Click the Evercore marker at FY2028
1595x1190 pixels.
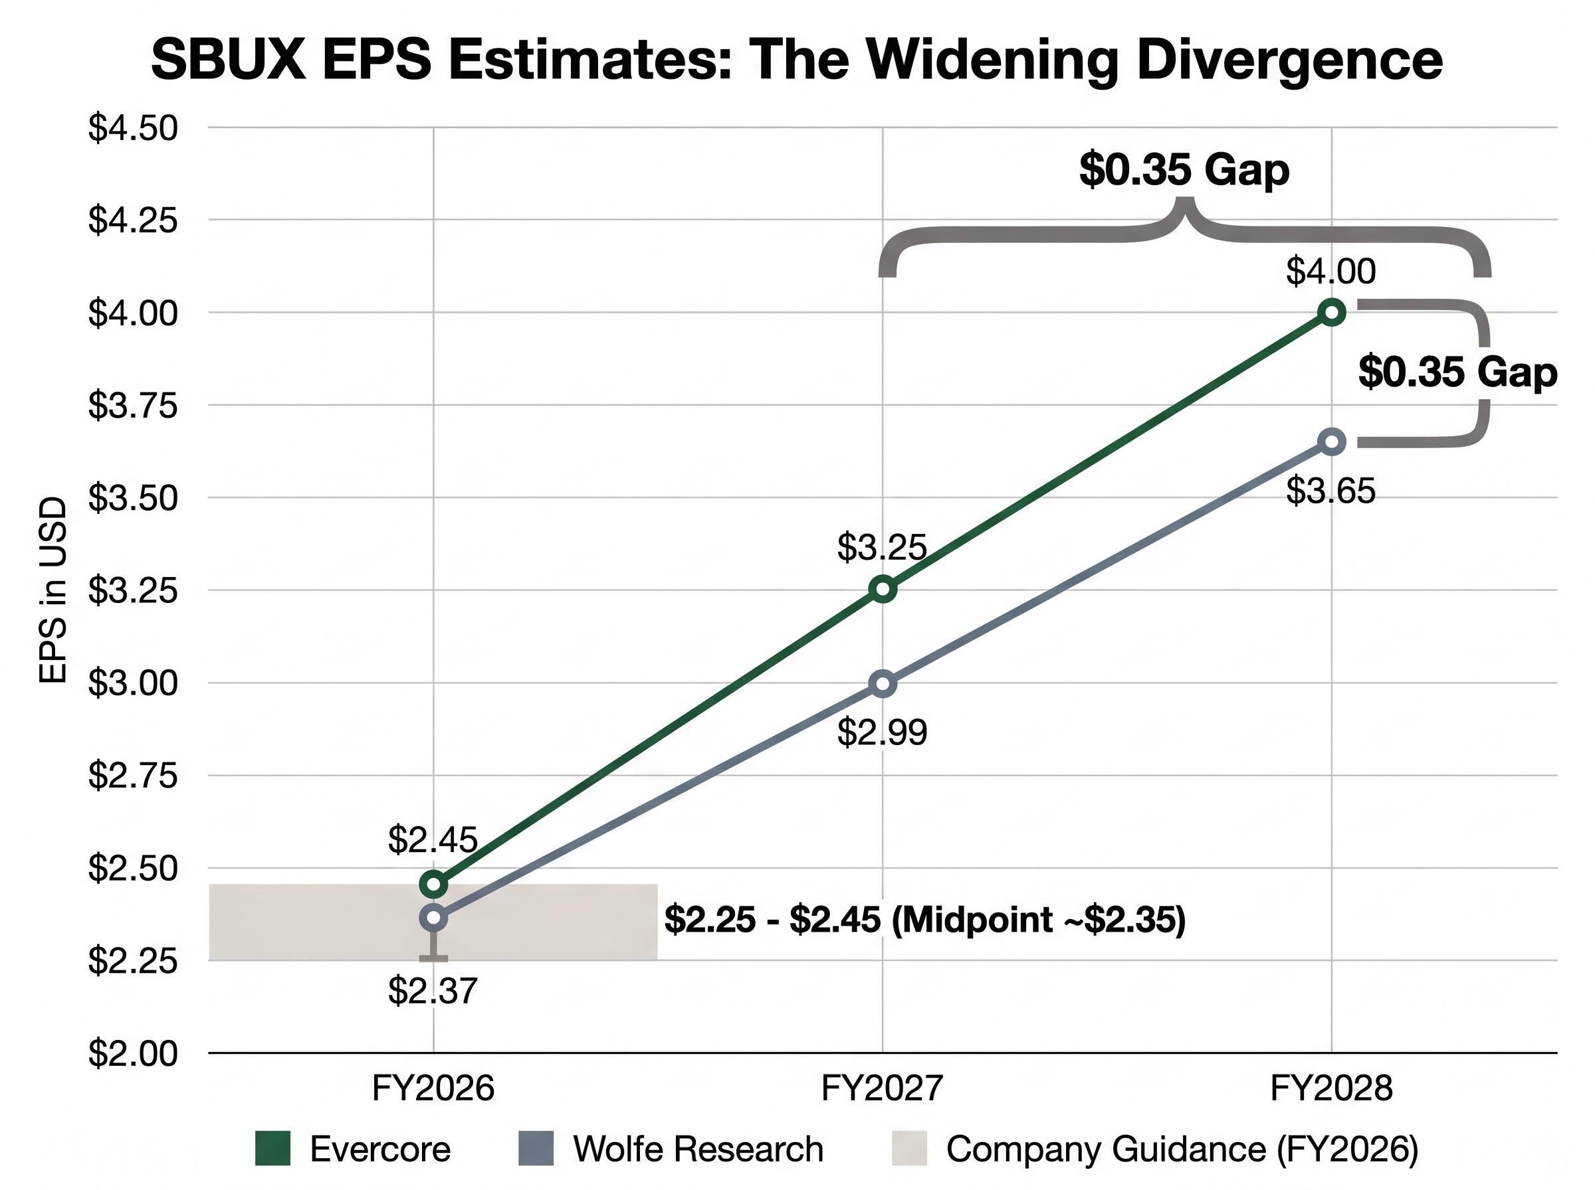pyautogui.click(x=1331, y=312)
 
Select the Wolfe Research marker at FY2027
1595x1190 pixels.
pyautogui.click(x=883, y=683)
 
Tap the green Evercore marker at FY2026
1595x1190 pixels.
pyautogui.click(x=433, y=883)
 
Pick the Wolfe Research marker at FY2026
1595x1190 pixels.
pyautogui.click(x=433, y=917)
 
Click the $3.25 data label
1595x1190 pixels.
pyautogui.click(x=881, y=547)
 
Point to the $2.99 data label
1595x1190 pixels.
pyautogui.click(x=881, y=732)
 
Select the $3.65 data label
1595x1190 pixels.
pyautogui.click(x=1330, y=491)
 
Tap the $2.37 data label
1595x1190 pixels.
pyautogui.click(x=433, y=991)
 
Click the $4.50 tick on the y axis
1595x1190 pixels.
pyautogui.click(x=133, y=128)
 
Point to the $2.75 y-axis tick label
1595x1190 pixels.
pyautogui.click(x=133, y=776)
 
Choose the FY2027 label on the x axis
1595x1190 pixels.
pyautogui.click(x=881, y=1088)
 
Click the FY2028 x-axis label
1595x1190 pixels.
pyautogui.click(x=1330, y=1088)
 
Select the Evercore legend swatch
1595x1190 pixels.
pyautogui.click(x=272, y=1148)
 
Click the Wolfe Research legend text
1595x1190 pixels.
pyautogui.click(x=698, y=1148)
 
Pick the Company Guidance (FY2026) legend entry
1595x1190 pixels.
pyautogui.click(x=1182, y=1148)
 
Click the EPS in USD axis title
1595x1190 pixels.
pyautogui.click(x=53, y=590)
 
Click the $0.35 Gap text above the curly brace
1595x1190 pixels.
pyautogui.click(x=1184, y=170)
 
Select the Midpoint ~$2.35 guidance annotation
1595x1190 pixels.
pyautogui.click(x=1038, y=920)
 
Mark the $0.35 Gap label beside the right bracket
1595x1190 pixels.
pyautogui.click(x=1457, y=373)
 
